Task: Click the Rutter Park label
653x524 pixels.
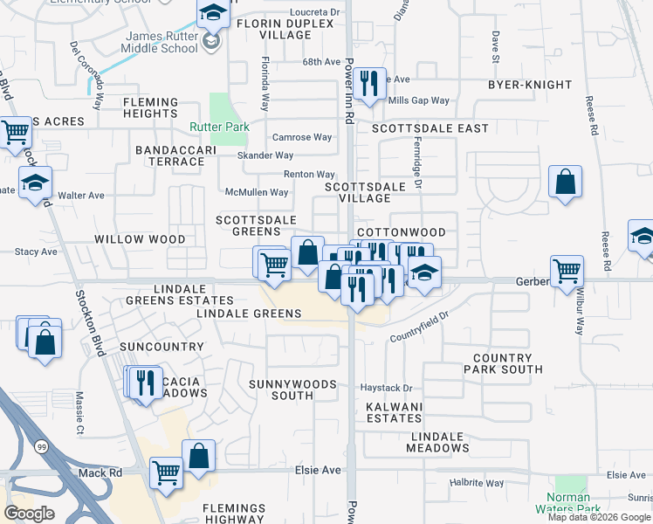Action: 220,127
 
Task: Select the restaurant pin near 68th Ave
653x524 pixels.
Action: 372,85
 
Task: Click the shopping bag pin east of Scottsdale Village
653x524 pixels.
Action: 566,183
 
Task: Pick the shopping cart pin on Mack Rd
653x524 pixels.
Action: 166,473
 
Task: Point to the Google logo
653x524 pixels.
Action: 29,513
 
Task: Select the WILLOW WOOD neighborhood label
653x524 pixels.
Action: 140,238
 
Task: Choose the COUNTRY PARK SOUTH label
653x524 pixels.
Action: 514,364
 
